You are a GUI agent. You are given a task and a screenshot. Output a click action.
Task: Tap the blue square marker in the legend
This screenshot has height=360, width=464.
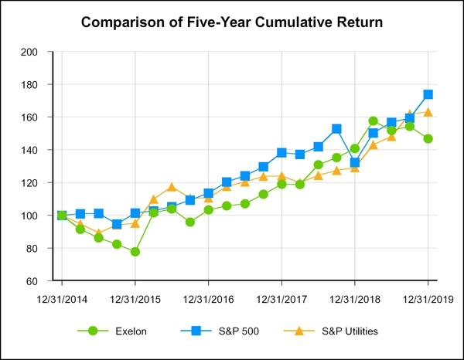[x=196, y=331]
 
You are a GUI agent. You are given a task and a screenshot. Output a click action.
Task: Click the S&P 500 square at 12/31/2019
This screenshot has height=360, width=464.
[x=428, y=94]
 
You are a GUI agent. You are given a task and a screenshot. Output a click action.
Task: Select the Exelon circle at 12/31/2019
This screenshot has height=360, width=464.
[x=428, y=138]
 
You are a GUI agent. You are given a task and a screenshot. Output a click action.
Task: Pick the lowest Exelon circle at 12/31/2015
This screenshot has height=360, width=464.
[x=135, y=252]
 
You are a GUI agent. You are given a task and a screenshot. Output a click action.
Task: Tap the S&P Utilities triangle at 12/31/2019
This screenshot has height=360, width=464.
[x=428, y=112]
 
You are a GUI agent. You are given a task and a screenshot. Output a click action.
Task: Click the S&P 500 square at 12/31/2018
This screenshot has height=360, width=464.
[x=354, y=163]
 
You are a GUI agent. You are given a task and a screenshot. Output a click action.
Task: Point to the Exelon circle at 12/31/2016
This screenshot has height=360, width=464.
[x=208, y=209]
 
